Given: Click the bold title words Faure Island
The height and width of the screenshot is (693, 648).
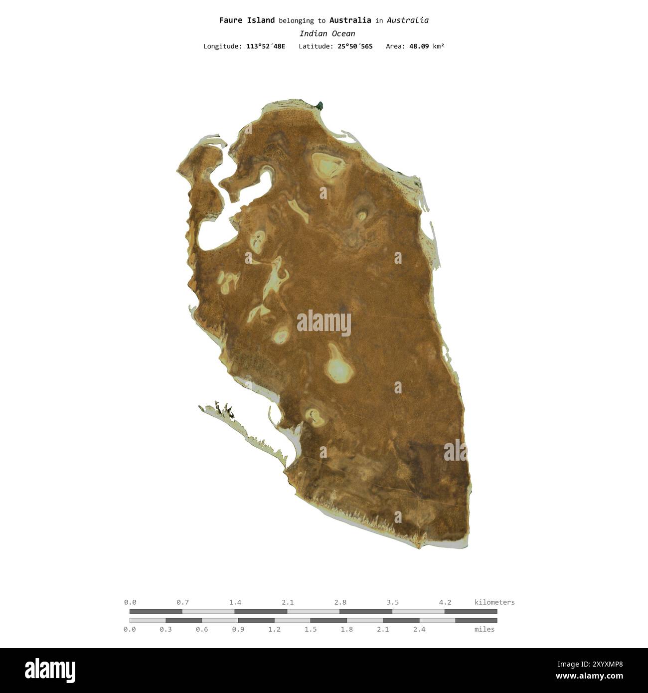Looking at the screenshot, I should click(x=247, y=20).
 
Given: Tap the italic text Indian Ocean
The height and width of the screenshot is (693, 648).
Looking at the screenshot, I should click(x=327, y=33).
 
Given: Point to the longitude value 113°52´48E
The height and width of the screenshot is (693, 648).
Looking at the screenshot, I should click(x=266, y=46).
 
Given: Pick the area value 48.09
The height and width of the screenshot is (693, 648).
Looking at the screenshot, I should click(x=419, y=46).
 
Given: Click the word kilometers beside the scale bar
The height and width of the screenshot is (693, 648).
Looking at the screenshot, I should click(x=494, y=602).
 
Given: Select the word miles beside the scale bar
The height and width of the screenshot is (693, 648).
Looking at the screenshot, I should click(x=485, y=629).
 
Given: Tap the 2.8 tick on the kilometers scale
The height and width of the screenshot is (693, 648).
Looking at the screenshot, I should click(x=340, y=602).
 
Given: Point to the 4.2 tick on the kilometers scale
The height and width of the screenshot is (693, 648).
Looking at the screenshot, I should click(x=445, y=602).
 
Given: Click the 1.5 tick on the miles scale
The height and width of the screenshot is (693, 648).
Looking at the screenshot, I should click(x=311, y=629).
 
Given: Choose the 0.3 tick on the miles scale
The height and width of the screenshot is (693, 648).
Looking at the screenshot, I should click(x=165, y=629).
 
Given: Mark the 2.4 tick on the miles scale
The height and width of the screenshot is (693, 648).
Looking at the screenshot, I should click(x=419, y=629).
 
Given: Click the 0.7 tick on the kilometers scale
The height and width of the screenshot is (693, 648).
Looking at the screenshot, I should click(x=182, y=602).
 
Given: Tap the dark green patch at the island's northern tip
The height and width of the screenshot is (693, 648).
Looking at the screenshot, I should click(x=320, y=105).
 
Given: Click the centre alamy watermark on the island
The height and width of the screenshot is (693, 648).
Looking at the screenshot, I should click(x=324, y=323).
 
